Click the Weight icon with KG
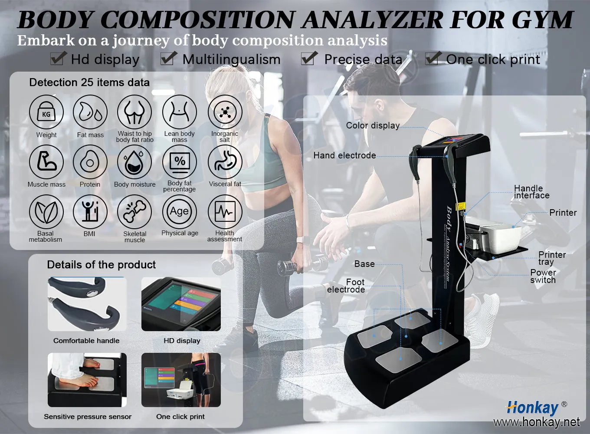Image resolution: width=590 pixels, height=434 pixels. tap(46, 113)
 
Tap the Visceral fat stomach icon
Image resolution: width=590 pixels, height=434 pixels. tap(225, 162)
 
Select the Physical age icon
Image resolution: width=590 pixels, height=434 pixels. tap(180, 212)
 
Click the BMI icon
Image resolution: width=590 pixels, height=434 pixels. tap(90, 212)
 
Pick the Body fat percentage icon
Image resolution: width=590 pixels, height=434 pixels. tap(180, 162)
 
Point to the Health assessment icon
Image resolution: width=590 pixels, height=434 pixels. tap(225, 212)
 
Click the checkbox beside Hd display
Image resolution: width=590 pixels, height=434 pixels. tap(58, 58)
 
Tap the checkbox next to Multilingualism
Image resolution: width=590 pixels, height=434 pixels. tap(168, 58)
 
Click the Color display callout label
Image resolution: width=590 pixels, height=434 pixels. tap(373, 125)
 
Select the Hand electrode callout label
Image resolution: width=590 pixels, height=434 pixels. tap(344, 155)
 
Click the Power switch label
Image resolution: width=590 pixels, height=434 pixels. tap(543, 276)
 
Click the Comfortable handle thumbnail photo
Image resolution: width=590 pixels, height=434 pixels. tap(87, 304)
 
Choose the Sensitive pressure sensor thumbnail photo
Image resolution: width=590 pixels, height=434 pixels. tap(87, 380)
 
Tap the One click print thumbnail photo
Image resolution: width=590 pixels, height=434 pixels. tap(181, 380)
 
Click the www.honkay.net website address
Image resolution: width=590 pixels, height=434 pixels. tap(536, 422)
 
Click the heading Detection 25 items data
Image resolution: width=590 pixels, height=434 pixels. tap(89, 82)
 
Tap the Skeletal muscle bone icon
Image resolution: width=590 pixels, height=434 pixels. tap(134, 212)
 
